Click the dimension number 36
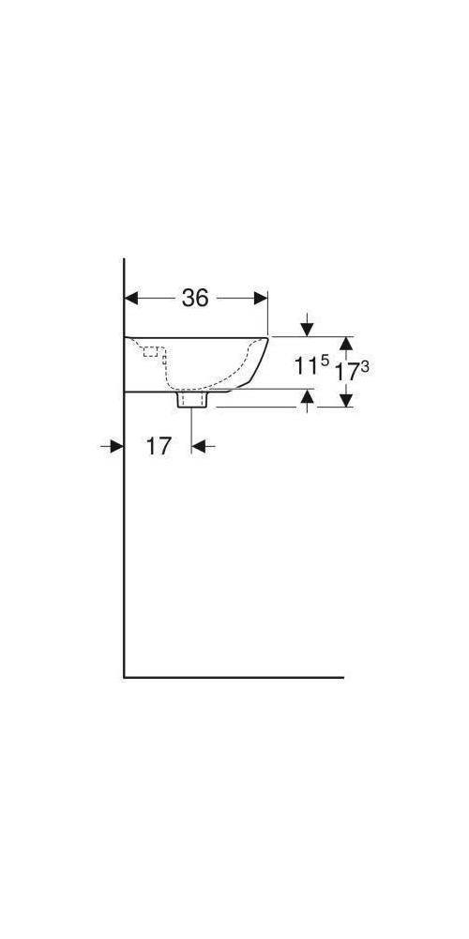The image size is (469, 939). coord(194,298)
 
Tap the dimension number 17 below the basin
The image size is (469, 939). coord(159,446)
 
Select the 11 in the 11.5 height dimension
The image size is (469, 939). coord(305,367)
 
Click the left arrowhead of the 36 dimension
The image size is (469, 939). coord(132,298)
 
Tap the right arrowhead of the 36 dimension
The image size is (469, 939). coord(261,298)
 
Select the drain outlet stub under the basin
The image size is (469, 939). coord(192,400)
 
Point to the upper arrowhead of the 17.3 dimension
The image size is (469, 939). coord(346,343)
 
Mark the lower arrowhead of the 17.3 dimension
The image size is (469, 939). coord(346,399)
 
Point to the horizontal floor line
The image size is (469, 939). coord(234,676)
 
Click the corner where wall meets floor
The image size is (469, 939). coord(125,676)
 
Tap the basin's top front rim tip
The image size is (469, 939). coord(268,337)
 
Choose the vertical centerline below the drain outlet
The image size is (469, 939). coord(192,427)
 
